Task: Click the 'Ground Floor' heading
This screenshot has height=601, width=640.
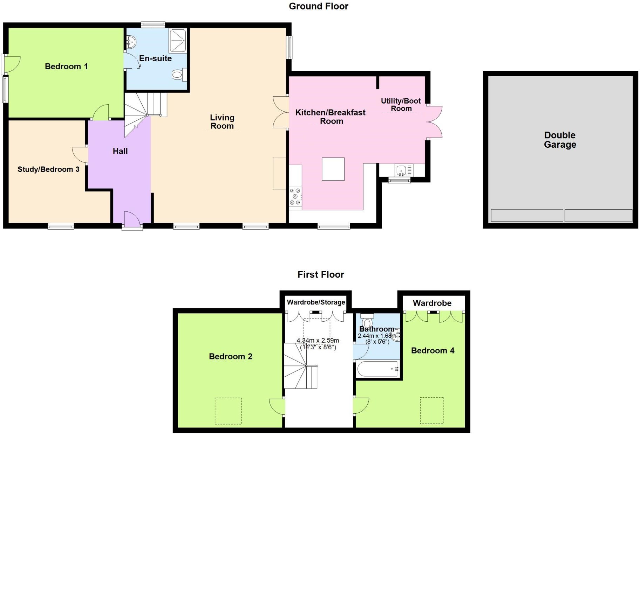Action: [318, 6]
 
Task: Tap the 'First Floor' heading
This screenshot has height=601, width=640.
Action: [321, 274]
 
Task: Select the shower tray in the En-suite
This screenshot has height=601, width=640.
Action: [178, 41]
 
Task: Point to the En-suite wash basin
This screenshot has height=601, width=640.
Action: [131, 43]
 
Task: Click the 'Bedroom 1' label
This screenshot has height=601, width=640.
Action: [66, 67]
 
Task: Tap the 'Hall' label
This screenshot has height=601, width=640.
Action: [120, 151]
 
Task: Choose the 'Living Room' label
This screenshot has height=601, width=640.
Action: [222, 122]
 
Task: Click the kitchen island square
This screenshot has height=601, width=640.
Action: [333, 169]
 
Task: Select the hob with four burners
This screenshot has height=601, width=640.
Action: [295, 197]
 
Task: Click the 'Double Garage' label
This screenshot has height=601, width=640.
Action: [560, 140]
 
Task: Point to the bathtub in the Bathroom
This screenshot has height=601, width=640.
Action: [378, 369]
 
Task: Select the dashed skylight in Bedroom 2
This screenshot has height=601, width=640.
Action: [228, 411]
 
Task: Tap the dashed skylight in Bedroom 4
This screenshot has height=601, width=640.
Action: [432, 410]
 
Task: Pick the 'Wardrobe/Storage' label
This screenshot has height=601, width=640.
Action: [316, 302]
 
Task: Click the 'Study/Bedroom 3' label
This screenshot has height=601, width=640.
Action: [48, 169]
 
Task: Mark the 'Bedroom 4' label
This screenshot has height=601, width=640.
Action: [433, 351]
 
